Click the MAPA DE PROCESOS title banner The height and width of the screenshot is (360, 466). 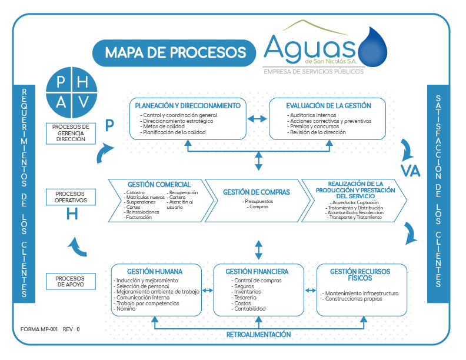(x=175, y=53)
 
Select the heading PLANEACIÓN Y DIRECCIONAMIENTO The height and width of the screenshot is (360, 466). (x=188, y=106)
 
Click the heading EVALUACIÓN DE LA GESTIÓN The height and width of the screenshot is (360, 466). (x=328, y=106)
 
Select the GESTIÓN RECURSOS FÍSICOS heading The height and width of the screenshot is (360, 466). (x=360, y=275)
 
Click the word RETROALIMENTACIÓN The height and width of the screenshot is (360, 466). (x=259, y=334)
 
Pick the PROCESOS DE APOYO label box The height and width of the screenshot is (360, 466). (x=70, y=281)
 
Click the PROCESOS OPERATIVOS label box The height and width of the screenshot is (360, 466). (x=70, y=196)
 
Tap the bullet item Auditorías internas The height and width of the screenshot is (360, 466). (x=312, y=115)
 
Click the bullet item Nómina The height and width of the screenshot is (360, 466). (x=126, y=309)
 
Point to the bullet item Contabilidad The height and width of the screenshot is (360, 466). (x=249, y=309)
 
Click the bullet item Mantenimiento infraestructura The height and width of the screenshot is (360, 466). (x=361, y=293)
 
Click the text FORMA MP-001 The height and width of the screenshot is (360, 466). (x=39, y=329)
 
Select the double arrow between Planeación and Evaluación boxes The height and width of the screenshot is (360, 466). (x=257, y=119)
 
